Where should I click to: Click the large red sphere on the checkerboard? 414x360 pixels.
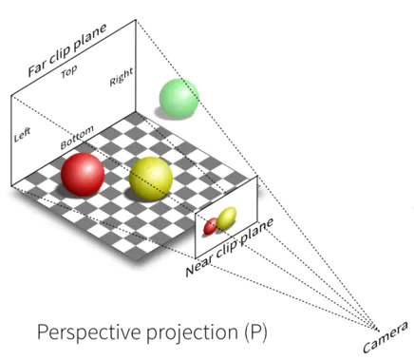[83, 175]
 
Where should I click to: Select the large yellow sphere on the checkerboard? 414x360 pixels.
[151, 180]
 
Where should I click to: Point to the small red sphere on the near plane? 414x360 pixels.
[212, 228]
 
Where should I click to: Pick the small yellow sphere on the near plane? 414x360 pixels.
[226, 220]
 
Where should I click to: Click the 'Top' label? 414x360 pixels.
[67, 72]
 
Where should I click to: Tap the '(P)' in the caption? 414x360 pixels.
[250, 333]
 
